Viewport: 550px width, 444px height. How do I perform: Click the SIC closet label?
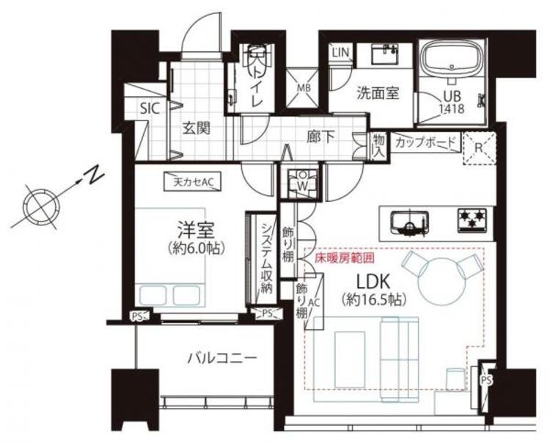pos(150,108)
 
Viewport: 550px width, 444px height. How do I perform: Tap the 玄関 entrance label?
pos(197,128)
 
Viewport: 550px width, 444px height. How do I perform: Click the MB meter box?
pos(302,89)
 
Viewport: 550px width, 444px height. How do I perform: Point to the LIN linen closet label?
pos(340,52)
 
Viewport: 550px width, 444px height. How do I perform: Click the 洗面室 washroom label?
pos(378,93)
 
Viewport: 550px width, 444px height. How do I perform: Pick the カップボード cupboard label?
pos(426,142)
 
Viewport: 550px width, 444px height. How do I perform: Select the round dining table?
pos(439,274)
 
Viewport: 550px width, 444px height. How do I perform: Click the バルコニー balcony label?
pos(221,359)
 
